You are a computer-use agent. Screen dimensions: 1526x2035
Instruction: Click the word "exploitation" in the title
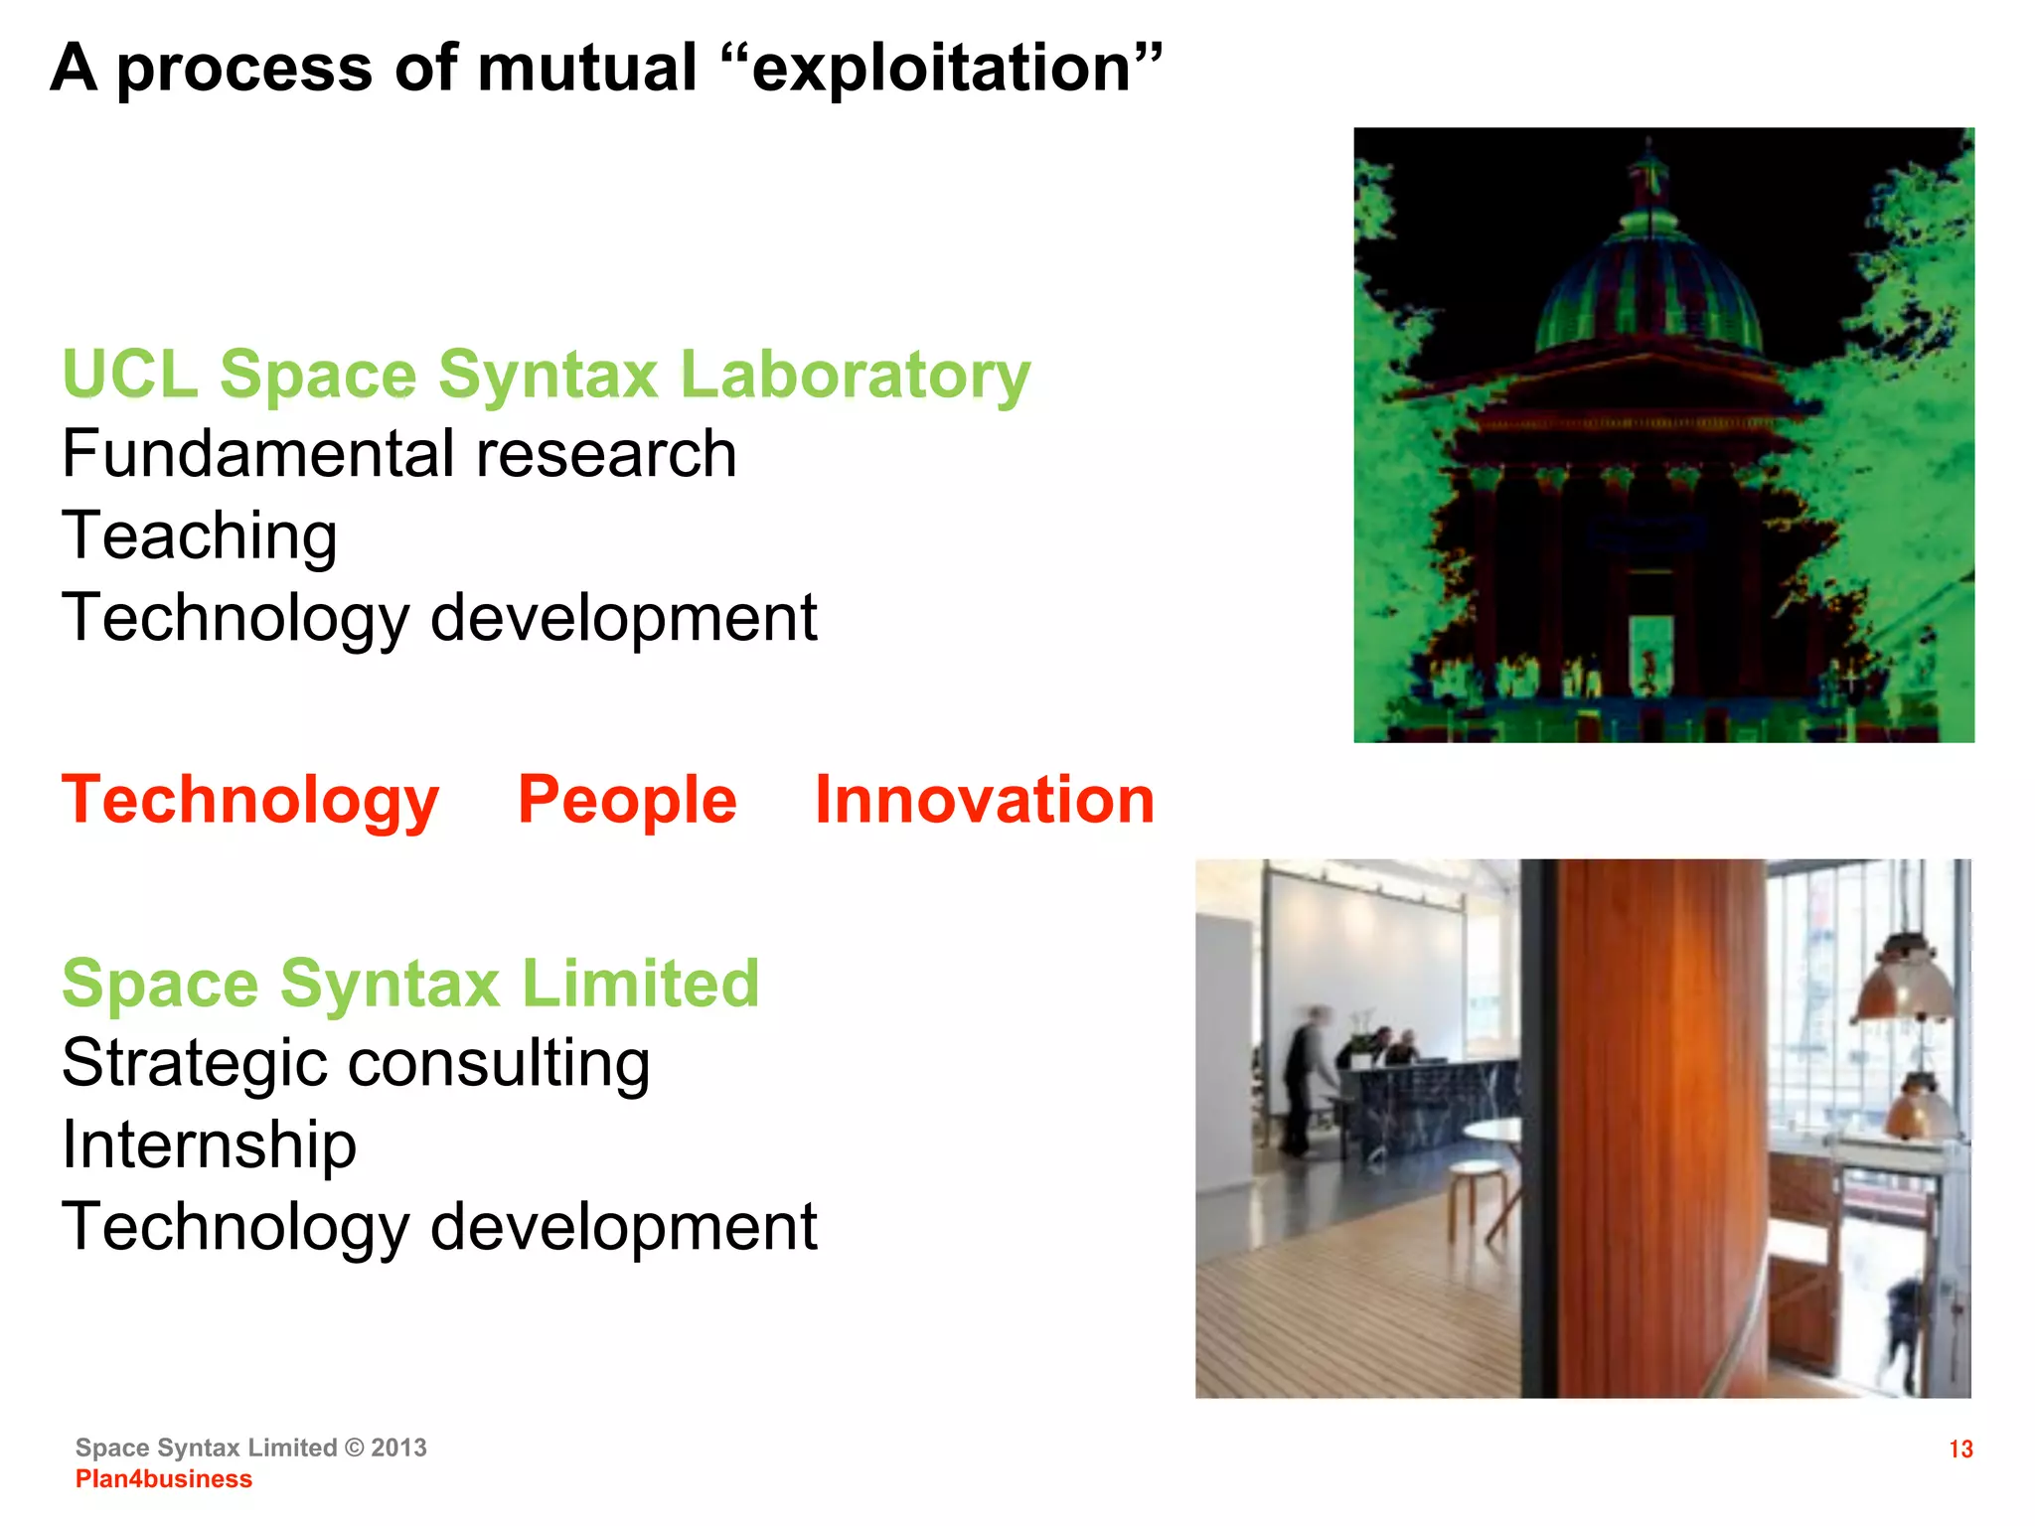[x=941, y=70]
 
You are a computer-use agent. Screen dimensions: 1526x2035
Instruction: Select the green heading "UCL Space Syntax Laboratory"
[x=546, y=376]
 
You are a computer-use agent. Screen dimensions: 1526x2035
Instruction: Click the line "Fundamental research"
[x=398, y=455]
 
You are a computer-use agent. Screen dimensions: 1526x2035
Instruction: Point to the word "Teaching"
[x=199, y=536]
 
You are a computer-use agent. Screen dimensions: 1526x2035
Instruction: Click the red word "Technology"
[x=249, y=801]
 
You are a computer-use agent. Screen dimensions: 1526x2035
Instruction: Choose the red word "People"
[x=627, y=801]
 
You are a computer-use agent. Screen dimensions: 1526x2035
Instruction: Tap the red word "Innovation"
[x=984, y=801]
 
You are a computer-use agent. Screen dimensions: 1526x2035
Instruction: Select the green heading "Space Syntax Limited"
[x=410, y=984]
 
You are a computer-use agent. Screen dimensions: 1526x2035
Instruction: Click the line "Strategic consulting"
[x=355, y=1064]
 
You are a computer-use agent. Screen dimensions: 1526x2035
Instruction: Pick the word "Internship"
[x=209, y=1145]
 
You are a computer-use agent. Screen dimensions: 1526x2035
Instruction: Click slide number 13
[x=1959, y=1450]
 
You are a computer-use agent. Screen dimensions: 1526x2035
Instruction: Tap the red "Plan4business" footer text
[x=164, y=1479]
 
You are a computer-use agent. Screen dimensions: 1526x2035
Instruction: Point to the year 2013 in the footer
[x=398, y=1449]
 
